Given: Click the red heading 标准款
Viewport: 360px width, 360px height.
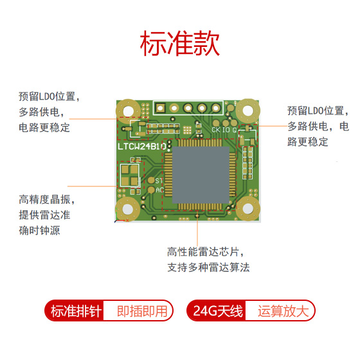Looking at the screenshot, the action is [x=180, y=44].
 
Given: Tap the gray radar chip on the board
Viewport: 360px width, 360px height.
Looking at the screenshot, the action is [x=201, y=175].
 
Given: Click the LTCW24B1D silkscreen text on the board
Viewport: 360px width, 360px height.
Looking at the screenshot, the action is [x=142, y=147].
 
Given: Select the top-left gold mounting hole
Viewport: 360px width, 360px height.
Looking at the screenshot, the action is [x=128, y=111].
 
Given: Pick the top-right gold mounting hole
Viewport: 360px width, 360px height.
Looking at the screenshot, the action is [x=248, y=111].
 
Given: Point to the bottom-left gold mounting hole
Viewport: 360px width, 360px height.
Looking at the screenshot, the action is [x=128, y=209].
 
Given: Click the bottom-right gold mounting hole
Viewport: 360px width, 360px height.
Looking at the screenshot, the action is [x=248, y=208].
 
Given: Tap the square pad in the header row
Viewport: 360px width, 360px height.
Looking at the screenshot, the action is [x=160, y=108].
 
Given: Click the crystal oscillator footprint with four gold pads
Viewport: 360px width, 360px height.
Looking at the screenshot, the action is [x=129, y=175].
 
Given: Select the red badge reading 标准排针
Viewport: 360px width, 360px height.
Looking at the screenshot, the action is [x=74, y=310].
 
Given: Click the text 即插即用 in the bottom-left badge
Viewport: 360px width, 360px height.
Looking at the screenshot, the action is [x=142, y=311].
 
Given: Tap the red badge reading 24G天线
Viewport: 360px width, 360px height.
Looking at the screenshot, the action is [x=216, y=310].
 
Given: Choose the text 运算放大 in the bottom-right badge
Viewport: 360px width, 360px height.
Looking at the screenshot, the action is [x=283, y=311].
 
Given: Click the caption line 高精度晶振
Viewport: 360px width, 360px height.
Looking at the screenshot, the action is [x=47, y=199].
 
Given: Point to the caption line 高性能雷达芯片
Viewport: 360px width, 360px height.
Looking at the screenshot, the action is [x=206, y=252].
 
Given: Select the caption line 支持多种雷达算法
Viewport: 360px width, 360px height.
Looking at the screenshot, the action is [x=208, y=267].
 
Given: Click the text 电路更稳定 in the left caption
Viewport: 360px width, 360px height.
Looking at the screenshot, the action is [x=44, y=128].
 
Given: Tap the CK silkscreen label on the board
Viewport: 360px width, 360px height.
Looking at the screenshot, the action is [x=215, y=130].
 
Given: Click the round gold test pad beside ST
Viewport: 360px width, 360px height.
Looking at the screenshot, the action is [x=151, y=180].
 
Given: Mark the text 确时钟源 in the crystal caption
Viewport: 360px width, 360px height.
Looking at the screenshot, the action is [x=39, y=231].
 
